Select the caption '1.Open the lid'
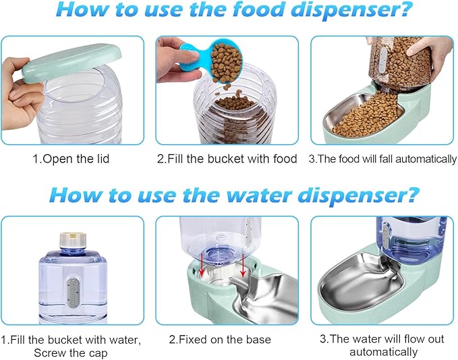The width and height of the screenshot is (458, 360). pyautogui.click(x=72, y=159)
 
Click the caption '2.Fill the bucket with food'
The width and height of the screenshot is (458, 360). pyautogui.click(x=227, y=159)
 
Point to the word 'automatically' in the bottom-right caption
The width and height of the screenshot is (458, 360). pyautogui.click(x=383, y=352)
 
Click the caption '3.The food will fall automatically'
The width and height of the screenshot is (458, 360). pyautogui.click(x=382, y=159)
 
